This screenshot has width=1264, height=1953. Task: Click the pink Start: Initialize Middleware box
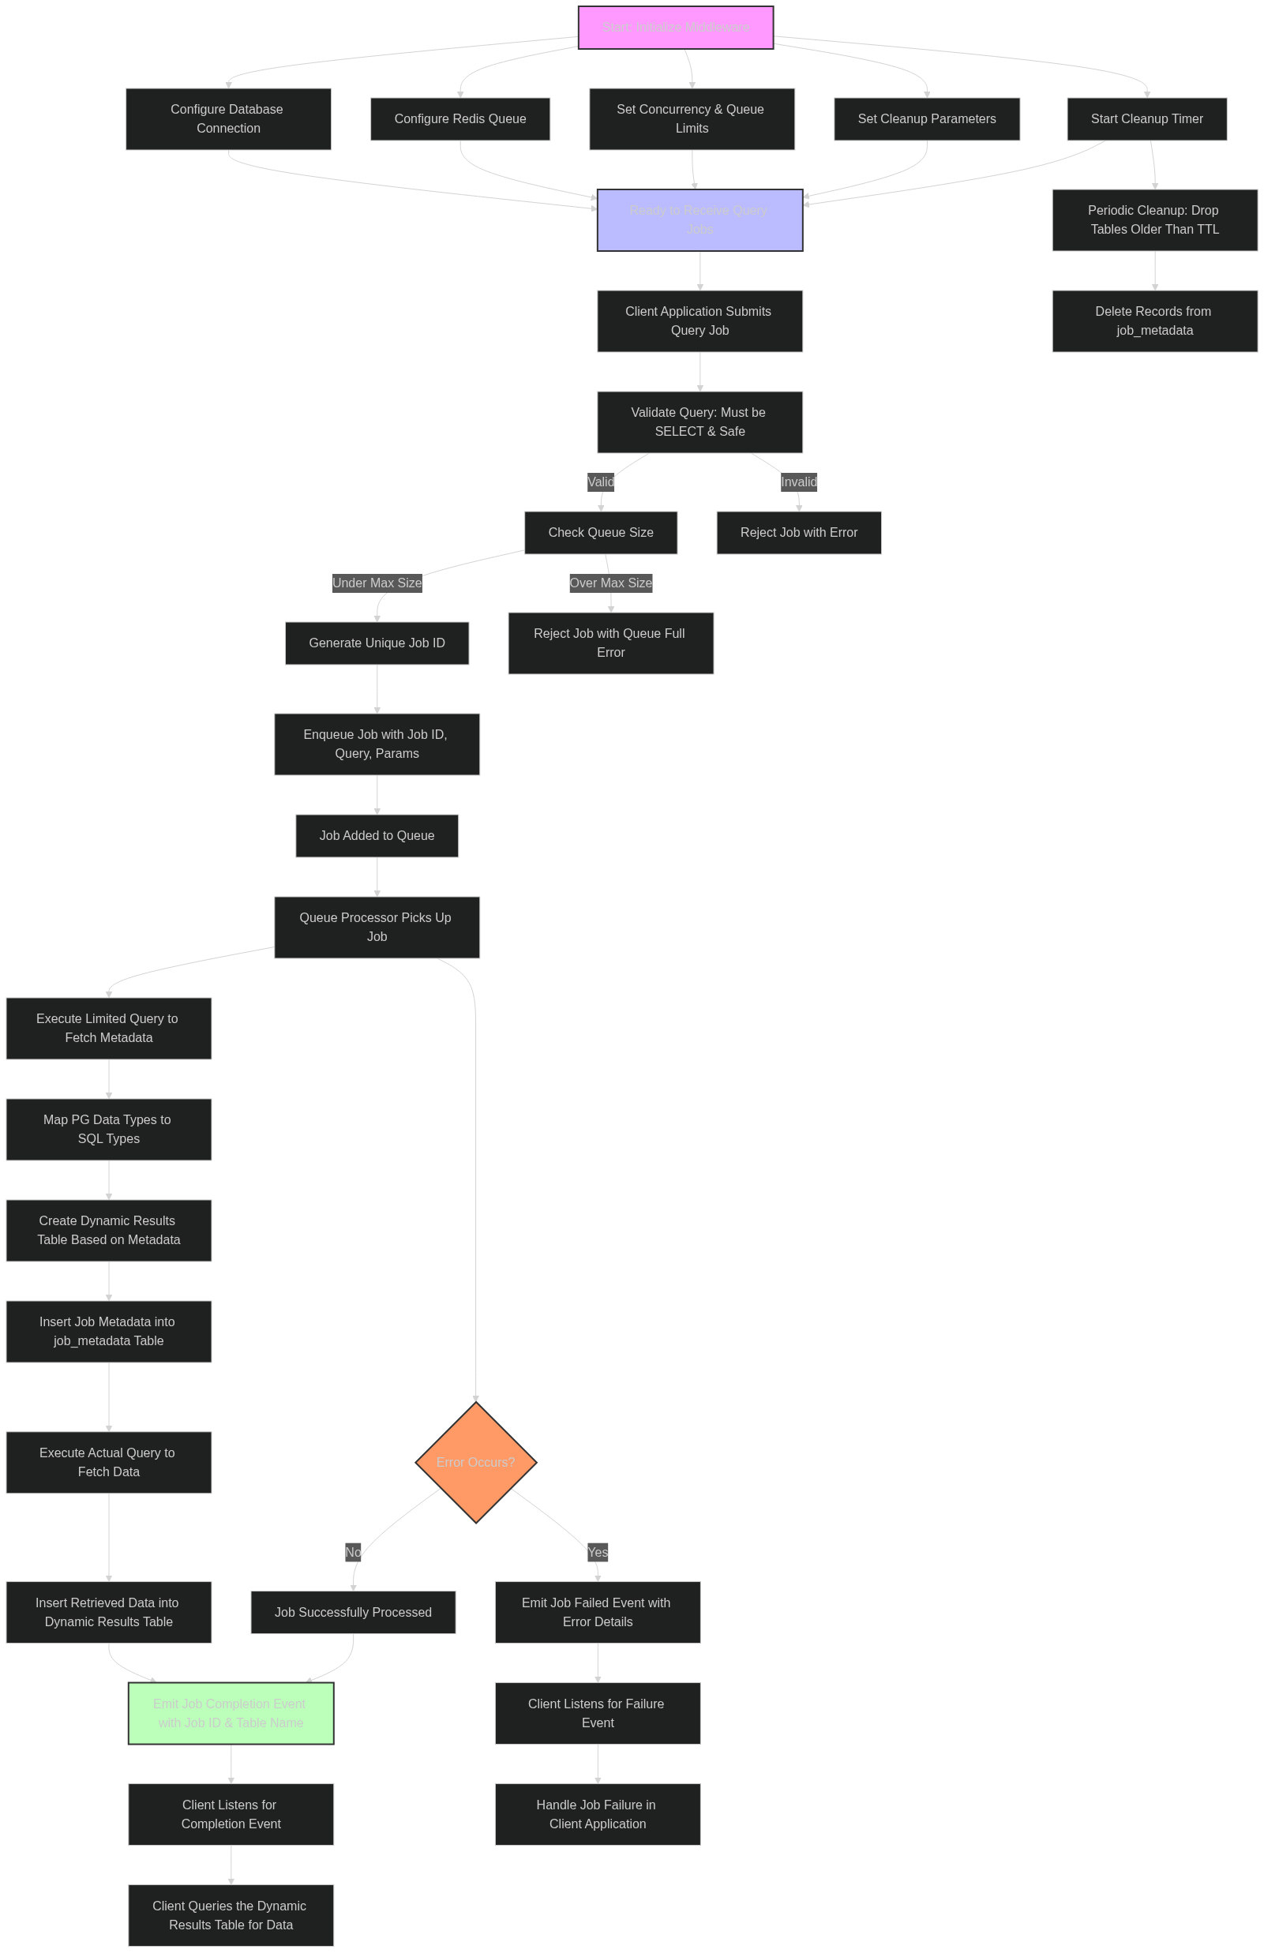click(x=676, y=28)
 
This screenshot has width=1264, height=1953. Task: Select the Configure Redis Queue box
click(x=459, y=119)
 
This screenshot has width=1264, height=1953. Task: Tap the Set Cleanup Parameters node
click(x=927, y=119)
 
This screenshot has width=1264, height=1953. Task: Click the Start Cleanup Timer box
click(x=1146, y=119)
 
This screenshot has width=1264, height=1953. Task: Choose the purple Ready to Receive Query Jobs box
click(x=700, y=220)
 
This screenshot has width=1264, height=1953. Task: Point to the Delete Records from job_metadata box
click(x=1154, y=321)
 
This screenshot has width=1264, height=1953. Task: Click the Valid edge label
click(x=601, y=482)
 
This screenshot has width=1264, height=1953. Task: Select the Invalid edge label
click(x=799, y=482)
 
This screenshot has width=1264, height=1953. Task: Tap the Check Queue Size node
click(x=601, y=533)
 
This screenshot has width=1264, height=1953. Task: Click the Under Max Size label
click(x=377, y=583)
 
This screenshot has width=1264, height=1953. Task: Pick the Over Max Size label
click(x=610, y=583)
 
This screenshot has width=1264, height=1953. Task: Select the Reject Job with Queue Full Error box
click(x=610, y=643)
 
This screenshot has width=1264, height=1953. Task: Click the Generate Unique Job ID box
click(x=377, y=643)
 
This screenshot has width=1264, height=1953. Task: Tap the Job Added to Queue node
click(x=377, y=835)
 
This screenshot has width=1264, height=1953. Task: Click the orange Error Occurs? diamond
click(x=476, y=1462)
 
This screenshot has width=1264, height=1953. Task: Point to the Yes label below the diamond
click(x=598, y=1552)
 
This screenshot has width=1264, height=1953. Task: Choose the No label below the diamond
click(x=353, y=1552)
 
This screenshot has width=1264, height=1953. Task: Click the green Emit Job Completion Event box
click(x=231, y=1713)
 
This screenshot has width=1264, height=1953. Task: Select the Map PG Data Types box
click(x=108, y=1129)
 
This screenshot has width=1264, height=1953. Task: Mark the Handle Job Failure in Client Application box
click(x=598, y=1814)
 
